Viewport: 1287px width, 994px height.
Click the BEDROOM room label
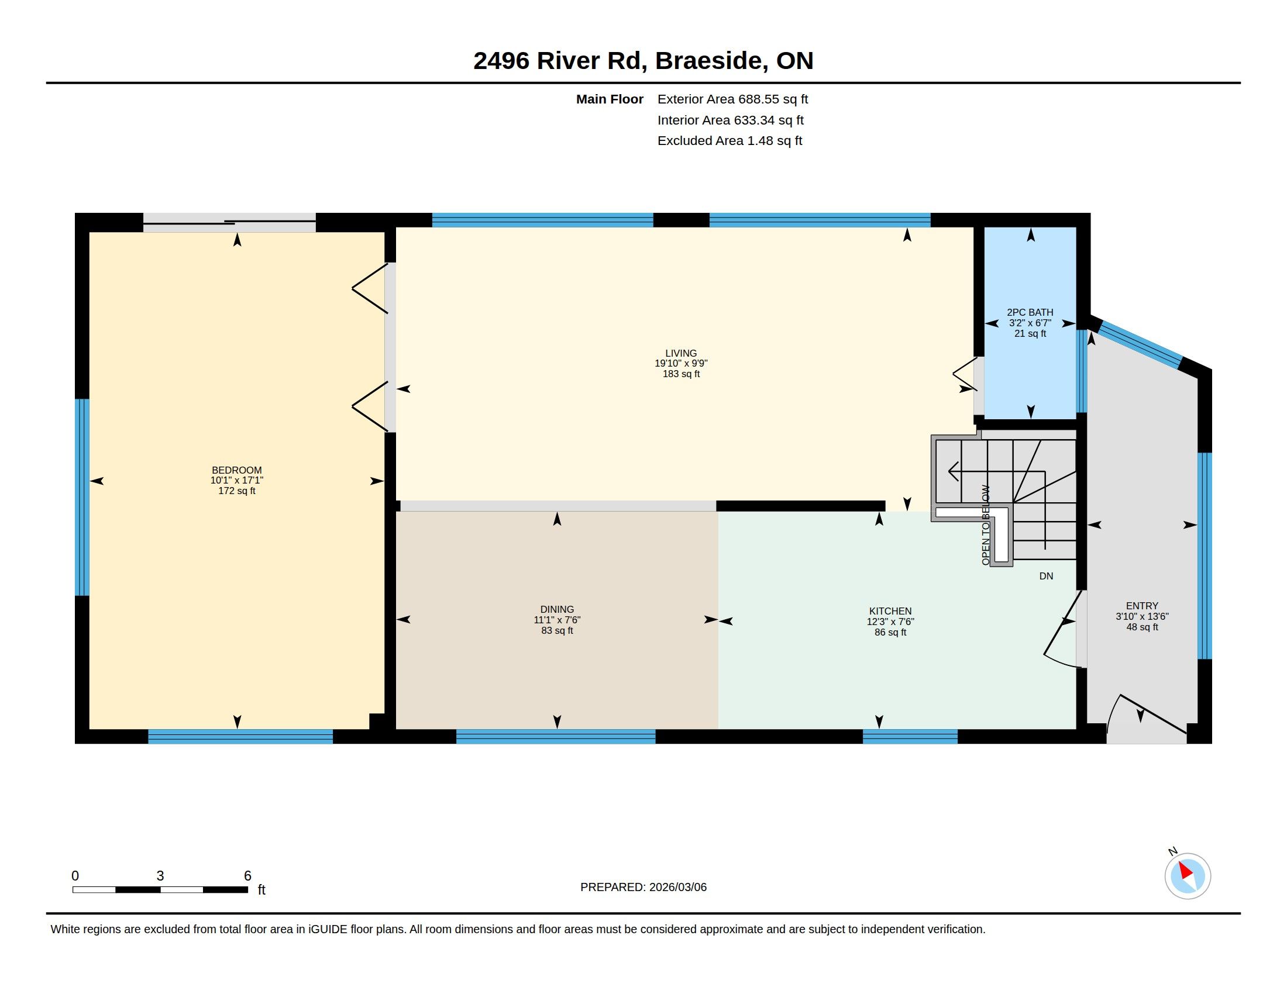237,470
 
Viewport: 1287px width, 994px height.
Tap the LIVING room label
681,353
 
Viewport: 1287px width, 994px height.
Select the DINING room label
557,609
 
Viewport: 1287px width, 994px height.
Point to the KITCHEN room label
890,611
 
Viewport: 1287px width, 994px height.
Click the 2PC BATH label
1030,313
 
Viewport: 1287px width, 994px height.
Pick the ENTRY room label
1142,606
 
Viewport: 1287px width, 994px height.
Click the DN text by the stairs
1046,576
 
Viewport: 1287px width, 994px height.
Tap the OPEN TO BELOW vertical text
986,525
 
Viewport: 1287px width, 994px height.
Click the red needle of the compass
1185,871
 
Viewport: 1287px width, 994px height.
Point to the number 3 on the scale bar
160,876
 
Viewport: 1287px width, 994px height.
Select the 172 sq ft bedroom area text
237,491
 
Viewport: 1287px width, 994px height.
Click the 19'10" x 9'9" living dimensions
681,363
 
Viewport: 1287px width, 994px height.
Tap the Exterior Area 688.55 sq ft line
732,99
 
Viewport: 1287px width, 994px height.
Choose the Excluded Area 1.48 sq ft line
729,141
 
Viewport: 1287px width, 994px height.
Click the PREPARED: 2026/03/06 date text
643,887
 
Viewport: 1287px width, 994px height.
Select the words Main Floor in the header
610,99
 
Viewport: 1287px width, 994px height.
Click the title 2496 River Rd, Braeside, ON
643,60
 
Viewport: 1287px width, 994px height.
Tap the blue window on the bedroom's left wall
82,498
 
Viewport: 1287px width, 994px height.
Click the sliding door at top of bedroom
230,223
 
